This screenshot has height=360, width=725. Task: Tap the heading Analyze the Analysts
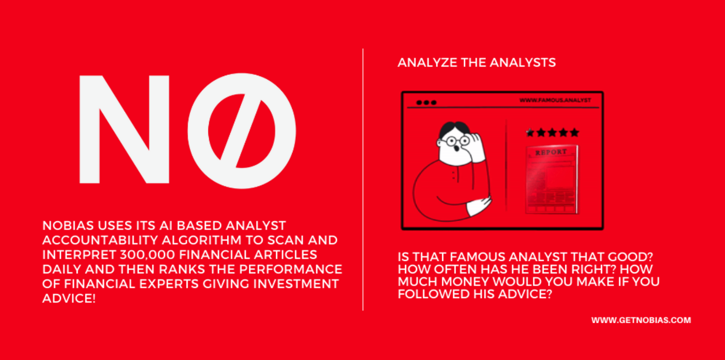point(477,63)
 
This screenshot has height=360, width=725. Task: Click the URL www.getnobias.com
point(641,320)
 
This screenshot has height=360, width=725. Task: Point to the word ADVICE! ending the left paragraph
point(69,299)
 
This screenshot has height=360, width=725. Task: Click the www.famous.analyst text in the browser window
point(555,100)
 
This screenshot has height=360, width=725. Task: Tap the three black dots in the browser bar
point(426,103)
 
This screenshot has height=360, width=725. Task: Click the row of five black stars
point(552,132)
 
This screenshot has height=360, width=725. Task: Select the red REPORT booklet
point(552,180)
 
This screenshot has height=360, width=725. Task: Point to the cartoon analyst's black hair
point(454,129)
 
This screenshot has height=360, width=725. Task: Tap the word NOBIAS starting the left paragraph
point(68,226)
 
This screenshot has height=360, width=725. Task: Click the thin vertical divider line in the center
point(363,180)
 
